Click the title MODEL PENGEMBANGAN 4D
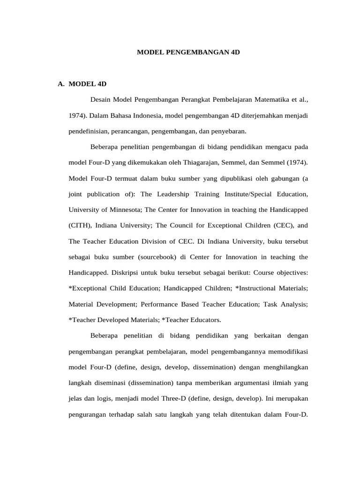188,53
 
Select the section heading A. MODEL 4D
82,84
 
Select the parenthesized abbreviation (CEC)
284,225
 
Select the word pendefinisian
90,131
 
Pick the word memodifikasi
286,351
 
